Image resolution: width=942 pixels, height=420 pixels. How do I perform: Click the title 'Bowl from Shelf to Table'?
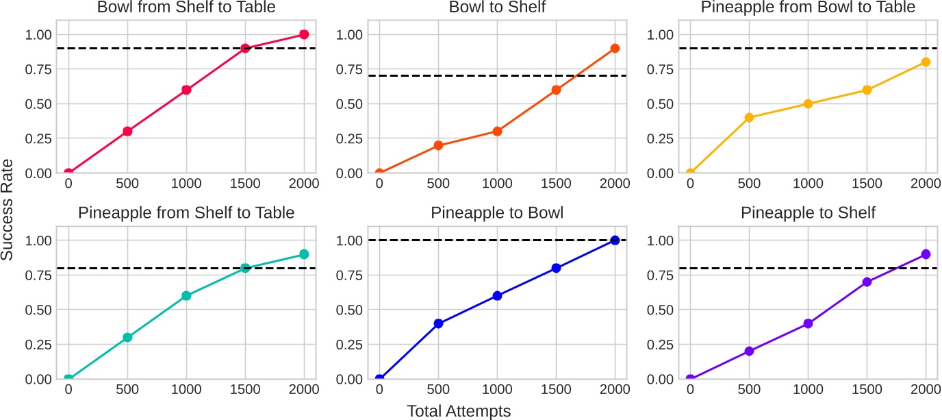186,8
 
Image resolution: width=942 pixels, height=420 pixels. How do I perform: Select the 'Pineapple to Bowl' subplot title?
497,213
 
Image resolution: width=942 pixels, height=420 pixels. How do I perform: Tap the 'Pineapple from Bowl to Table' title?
808,8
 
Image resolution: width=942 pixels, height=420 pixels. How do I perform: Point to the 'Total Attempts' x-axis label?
459,410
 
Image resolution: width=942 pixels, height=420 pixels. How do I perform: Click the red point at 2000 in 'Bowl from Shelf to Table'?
304,34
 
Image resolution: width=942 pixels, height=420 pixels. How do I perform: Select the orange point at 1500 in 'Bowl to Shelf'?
556,90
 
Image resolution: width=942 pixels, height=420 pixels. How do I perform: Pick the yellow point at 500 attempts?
749,117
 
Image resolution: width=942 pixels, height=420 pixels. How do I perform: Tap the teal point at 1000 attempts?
186,296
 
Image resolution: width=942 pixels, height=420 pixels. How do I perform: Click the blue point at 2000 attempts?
615,240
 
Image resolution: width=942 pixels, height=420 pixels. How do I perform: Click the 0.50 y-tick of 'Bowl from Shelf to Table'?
38,104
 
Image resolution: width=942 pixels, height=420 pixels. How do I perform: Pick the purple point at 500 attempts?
749,351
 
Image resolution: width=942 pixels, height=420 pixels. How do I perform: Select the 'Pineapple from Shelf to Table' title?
186,213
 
